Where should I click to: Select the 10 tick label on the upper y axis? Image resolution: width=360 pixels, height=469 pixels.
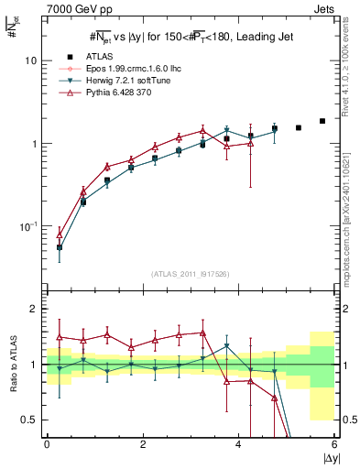(x=31, y=60)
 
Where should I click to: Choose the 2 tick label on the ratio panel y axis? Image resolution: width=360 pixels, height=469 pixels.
(x=34, y=309)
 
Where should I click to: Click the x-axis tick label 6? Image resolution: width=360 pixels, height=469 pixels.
(x=335, y=443)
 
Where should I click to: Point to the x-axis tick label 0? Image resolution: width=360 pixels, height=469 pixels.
(x=47, y=443)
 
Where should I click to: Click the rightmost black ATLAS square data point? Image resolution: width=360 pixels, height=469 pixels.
(x=322, y=121)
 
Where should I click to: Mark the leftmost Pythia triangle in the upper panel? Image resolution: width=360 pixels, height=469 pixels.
(x=60, y=234)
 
